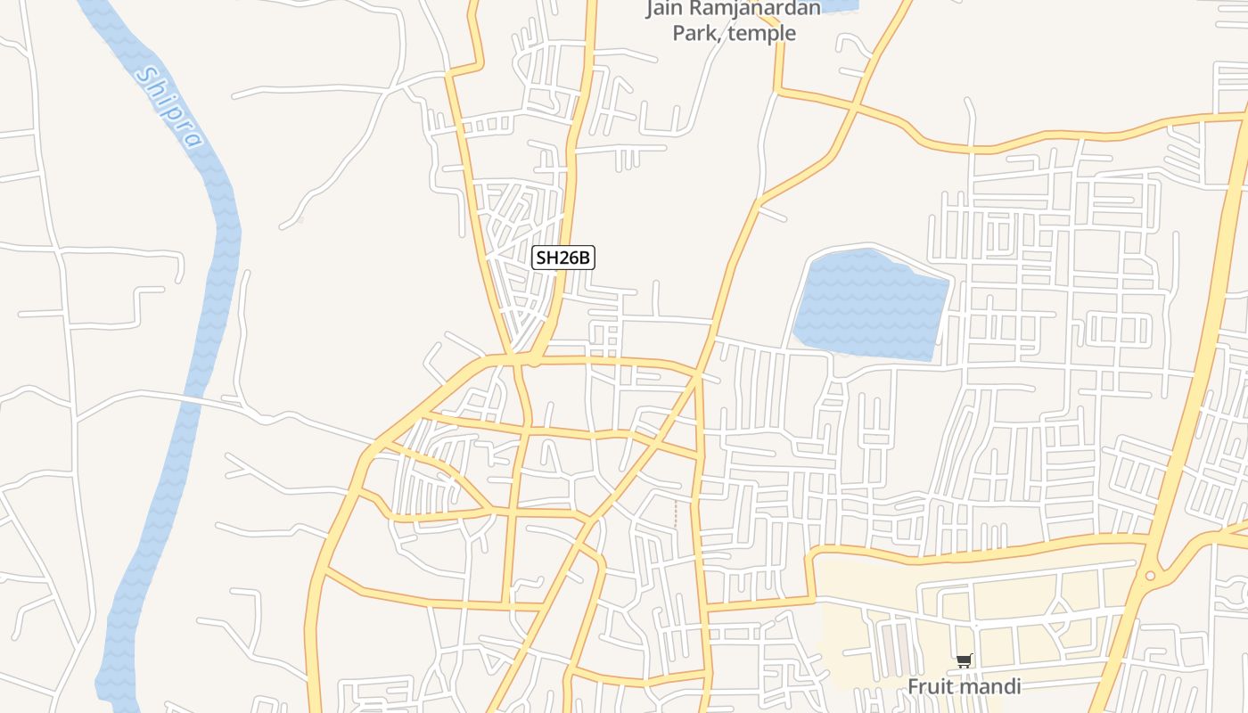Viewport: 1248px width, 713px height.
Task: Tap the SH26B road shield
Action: [x=562, y=258]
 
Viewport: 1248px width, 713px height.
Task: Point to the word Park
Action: [x=694, y=34]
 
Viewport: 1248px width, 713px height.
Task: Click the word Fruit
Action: [x=929, y=686]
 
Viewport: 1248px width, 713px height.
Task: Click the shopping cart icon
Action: [x=963, y=661]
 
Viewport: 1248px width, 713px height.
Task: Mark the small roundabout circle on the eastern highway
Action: [x=1150, y=576]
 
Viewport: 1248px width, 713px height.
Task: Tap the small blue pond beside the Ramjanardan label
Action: [x=838, y=5]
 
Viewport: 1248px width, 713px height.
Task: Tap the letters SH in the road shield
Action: [x=546, y=258]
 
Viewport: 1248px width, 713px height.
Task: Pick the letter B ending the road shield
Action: [x=584, y=258]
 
